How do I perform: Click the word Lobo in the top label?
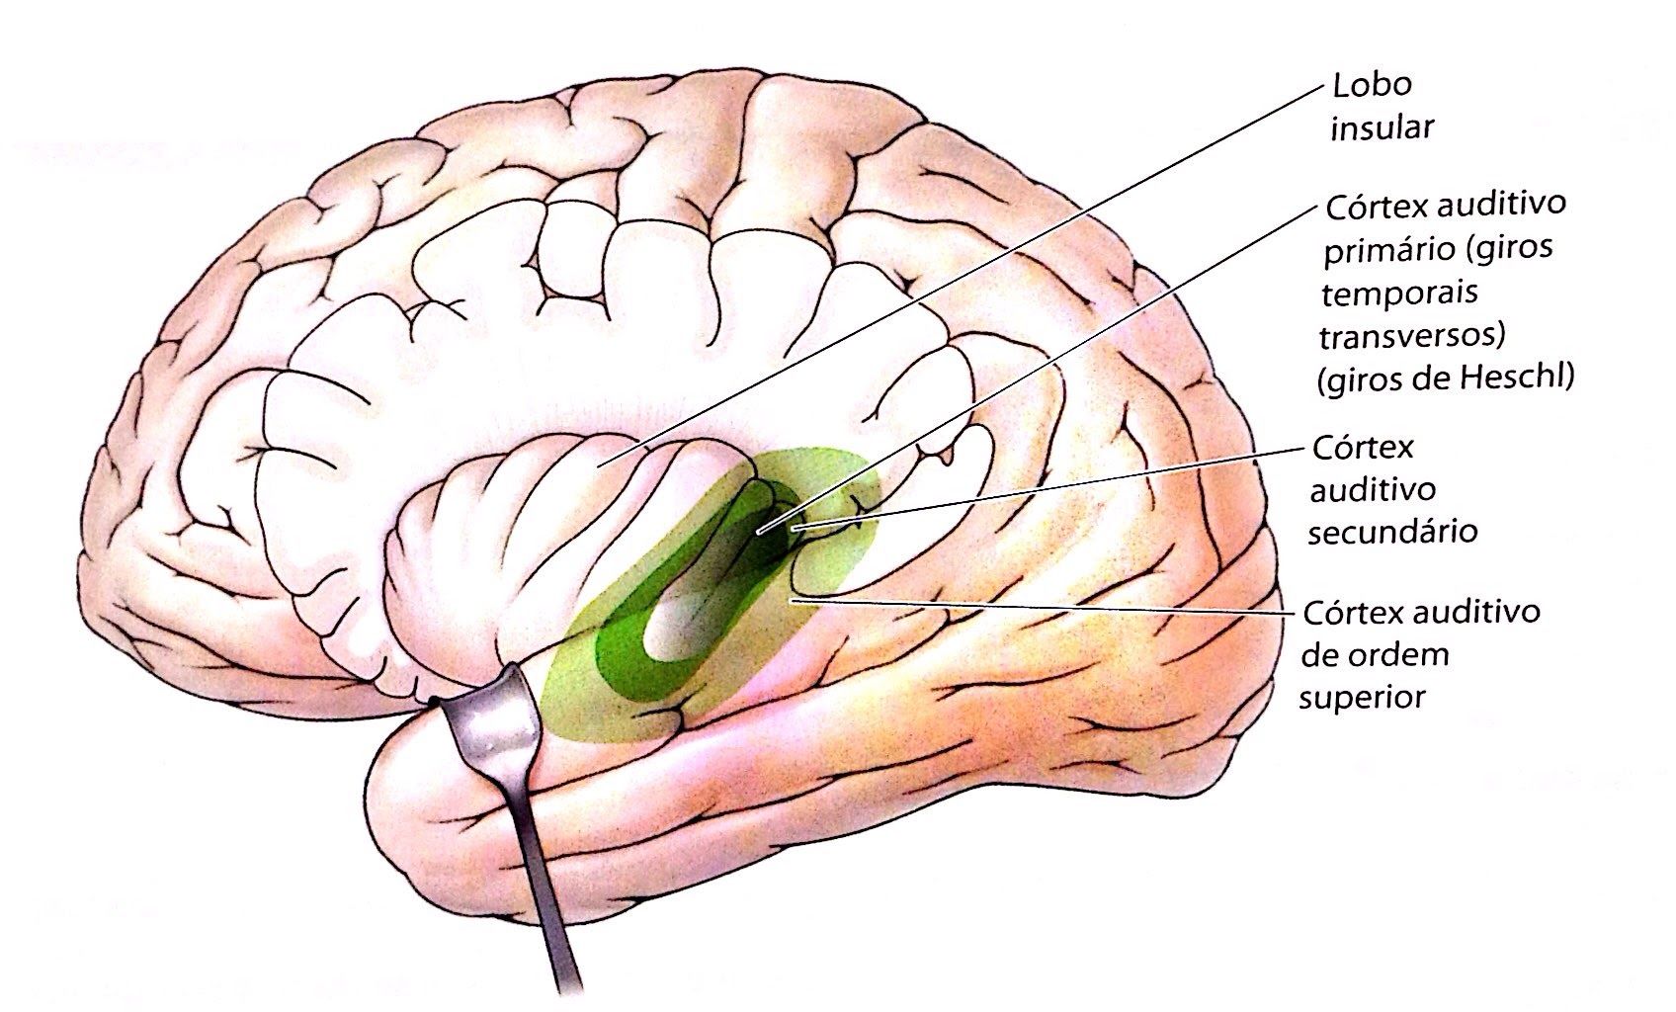click(1372, 85)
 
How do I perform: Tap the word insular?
click(1382, 128)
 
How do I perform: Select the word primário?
click(1376, 250)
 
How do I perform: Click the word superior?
click(1362, 697)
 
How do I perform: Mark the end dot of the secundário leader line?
click(796, 529)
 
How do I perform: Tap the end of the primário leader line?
click(759, 533)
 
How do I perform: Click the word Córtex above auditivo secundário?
click(1363, 448)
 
